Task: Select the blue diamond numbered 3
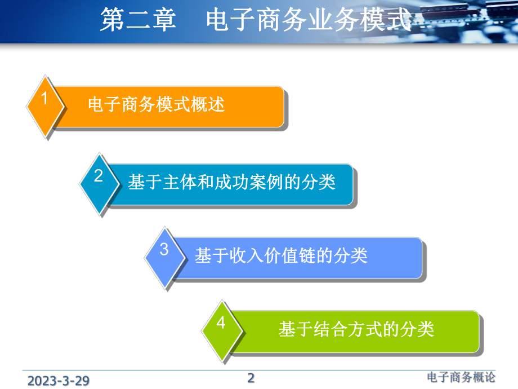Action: [164, 257]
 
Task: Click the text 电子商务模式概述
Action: [156, 105]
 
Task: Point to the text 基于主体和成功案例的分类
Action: [231, 183]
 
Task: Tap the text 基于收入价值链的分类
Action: [281, 256]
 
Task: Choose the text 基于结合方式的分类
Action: [356, 329]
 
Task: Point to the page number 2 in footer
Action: [251, 378]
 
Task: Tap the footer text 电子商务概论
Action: [461, 378]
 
